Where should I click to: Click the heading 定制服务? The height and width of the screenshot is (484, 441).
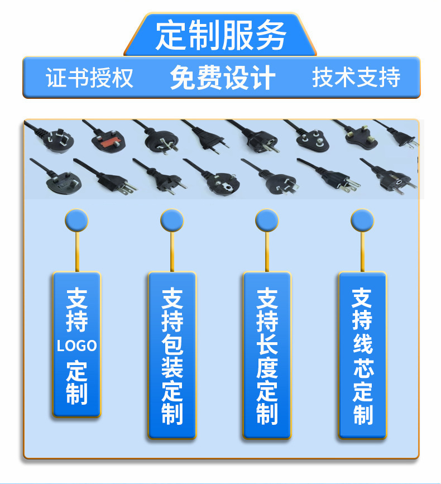[220, 35]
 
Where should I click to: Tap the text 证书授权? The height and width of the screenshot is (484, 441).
[89, 78]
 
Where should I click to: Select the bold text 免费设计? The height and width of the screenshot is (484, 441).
[222, 78]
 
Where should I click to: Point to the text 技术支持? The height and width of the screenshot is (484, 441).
[356, 78]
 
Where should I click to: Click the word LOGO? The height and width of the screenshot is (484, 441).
[76, 346]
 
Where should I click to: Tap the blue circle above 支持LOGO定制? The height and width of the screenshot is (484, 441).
[76, 221]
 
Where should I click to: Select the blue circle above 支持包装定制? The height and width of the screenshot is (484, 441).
[172, 221]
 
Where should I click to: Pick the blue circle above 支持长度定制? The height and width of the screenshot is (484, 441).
[267, 221]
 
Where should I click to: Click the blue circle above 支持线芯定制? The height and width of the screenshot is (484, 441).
[362, 221]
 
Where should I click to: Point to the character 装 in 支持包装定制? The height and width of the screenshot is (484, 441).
[172, 368]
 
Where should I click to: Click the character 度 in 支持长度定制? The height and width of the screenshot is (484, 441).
[267, 368]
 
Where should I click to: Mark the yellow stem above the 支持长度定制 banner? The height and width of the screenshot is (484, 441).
[267, 251]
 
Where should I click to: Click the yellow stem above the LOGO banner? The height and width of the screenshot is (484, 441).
[76, 251]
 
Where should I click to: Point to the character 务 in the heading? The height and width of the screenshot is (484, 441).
[271, 35]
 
